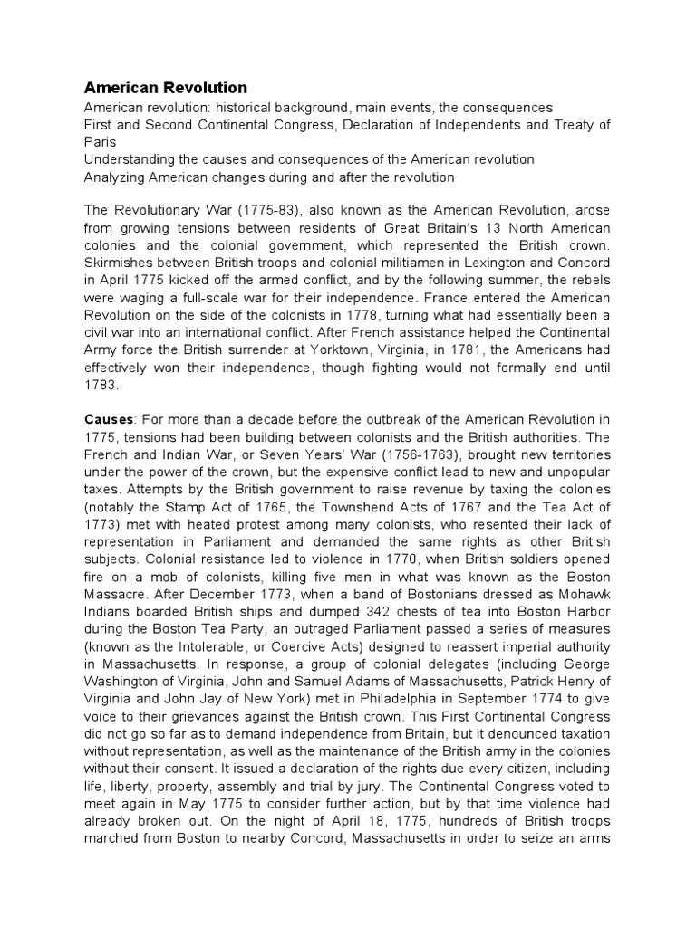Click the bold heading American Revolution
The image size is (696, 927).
pyautogui.click(x=165, y=88)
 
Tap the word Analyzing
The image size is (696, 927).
pyautogui.click(x=115, y=177)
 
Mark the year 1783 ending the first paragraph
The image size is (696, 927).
pyautogui.click(x=101, y=384)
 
